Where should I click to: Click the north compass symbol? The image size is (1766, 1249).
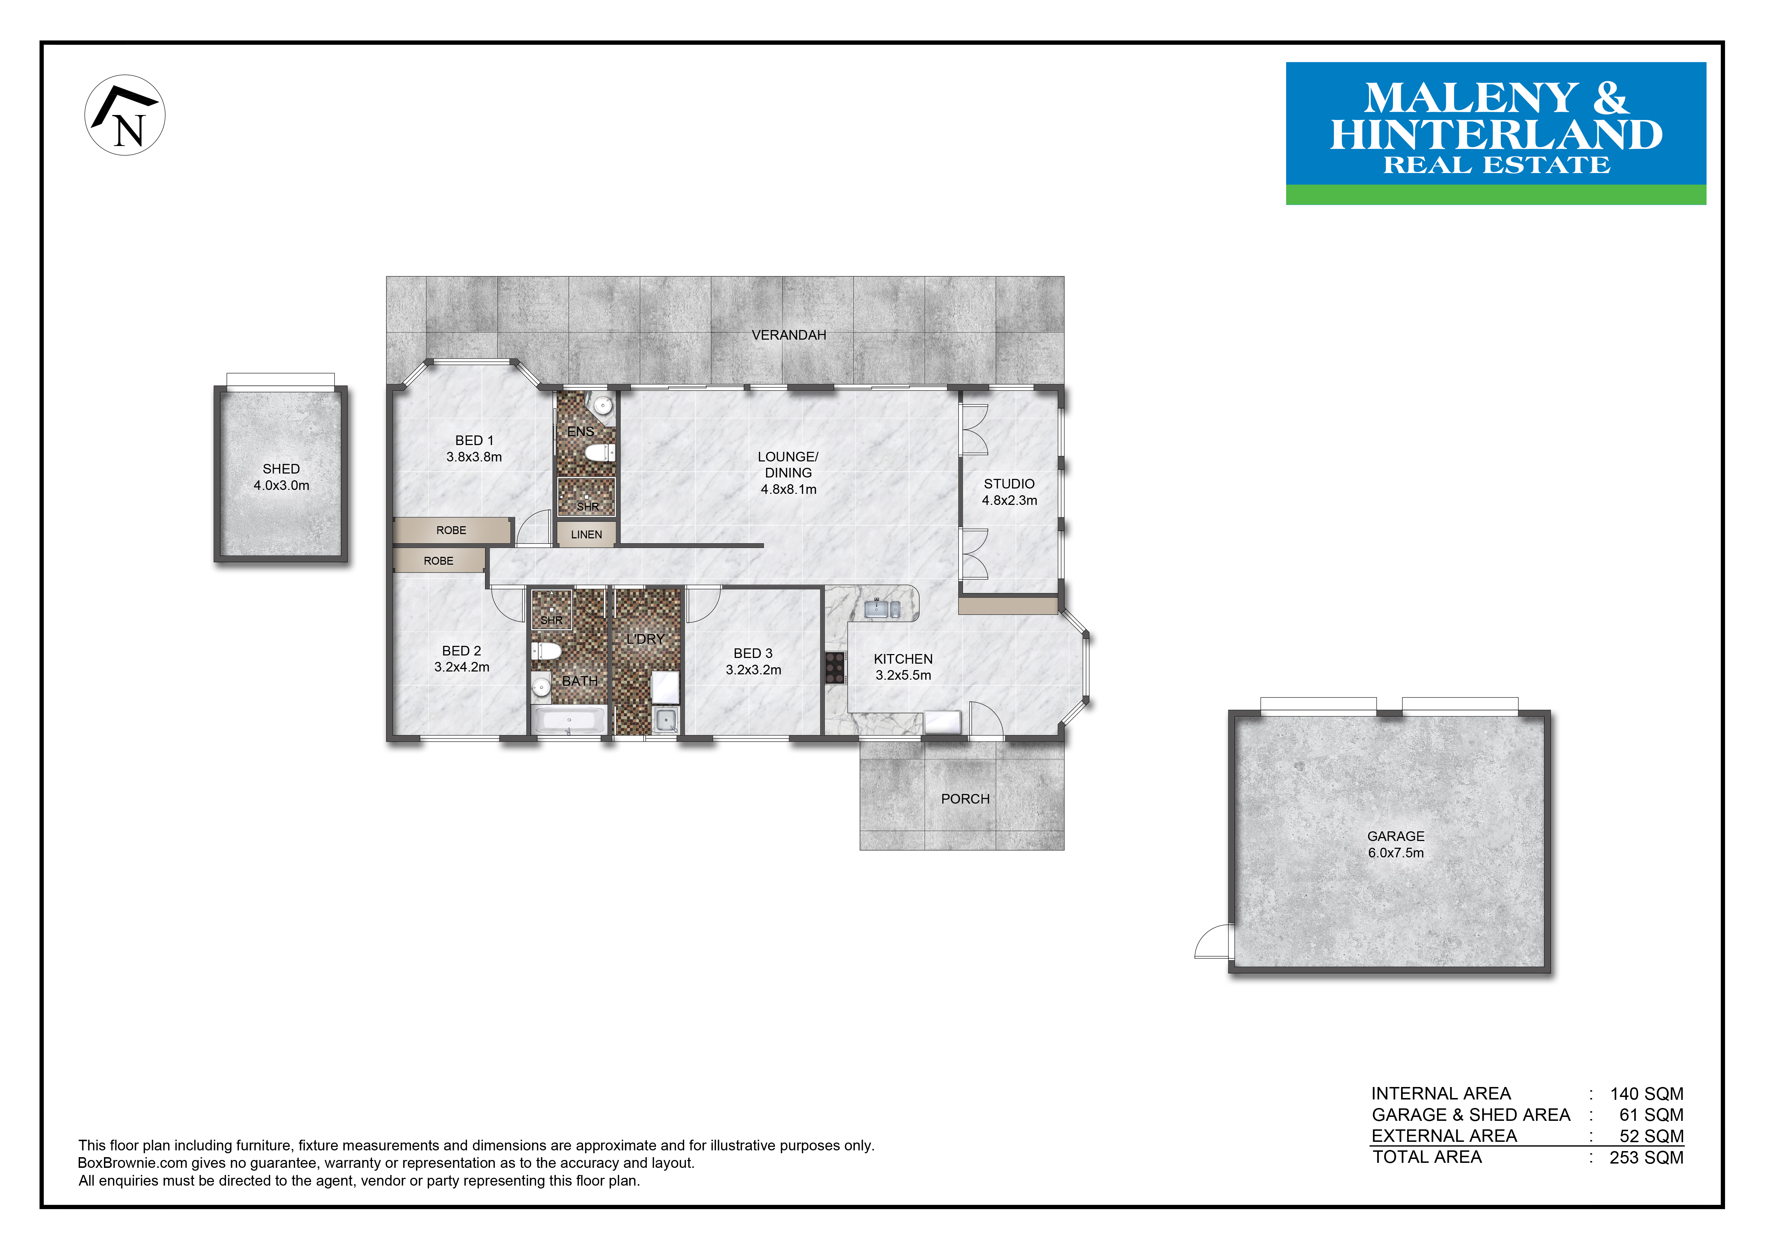(125, 115)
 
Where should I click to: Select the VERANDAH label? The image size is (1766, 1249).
(788, 335)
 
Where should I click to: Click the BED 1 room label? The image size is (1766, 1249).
(474, 448)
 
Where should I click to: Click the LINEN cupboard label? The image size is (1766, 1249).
(586, 534)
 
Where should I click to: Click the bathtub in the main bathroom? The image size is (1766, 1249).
(569, 721)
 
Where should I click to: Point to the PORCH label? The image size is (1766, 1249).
(965, 799)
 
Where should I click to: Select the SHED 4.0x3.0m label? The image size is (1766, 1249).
(282, 477)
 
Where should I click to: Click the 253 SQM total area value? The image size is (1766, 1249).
(1646, 1157)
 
